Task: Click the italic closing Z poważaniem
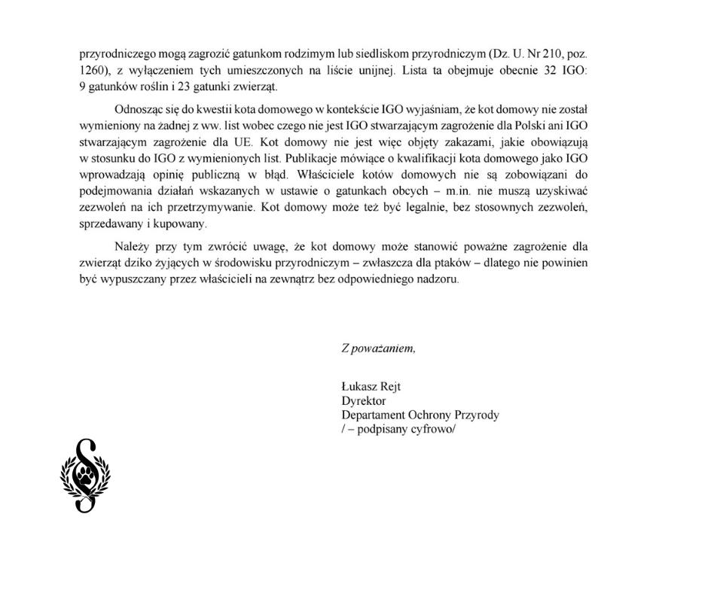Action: coord(377,348)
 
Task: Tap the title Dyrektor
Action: coord(363,401)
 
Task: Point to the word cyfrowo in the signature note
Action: coord(435,430)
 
